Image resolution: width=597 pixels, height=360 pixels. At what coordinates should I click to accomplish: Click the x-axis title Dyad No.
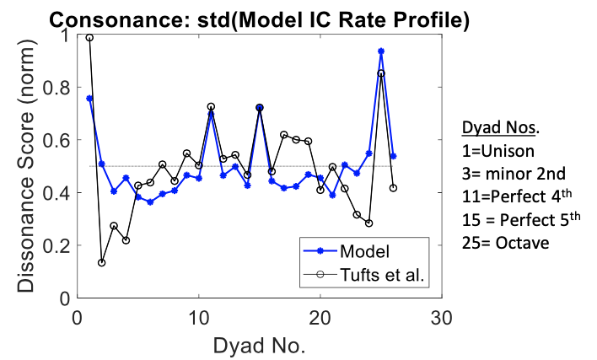click(x=260, y=345)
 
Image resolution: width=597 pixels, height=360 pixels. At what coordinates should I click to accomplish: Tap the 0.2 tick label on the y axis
click(x=56, y=245)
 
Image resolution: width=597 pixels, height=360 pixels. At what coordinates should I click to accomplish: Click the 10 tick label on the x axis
click(x=199, y=317)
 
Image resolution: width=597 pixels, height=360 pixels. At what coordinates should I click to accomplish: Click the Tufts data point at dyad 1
click(x=89, y=38)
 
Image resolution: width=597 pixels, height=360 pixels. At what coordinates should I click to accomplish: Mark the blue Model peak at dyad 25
click(x=381, y=51)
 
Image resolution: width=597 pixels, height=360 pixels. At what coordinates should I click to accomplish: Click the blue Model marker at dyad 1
click(x=89, y=99)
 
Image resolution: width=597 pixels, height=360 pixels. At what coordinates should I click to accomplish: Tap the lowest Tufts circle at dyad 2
click(x=102, y=262)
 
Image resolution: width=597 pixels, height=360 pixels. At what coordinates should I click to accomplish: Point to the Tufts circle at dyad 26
click(x=393, y=188)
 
